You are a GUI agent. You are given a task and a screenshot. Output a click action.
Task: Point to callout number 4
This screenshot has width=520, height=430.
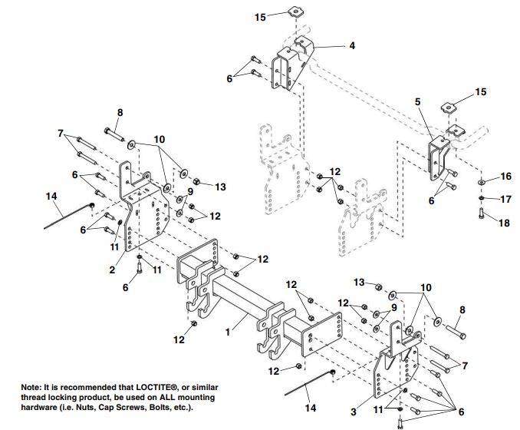pos(352,45)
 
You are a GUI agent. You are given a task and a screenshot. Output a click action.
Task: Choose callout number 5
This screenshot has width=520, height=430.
pos(419,101)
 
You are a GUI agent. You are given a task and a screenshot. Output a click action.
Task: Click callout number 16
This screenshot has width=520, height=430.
pos(505,177)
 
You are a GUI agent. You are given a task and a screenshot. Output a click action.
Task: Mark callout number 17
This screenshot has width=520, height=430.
pos(505,199)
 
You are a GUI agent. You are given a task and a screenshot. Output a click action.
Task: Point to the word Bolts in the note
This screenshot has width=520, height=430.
pos(153,407)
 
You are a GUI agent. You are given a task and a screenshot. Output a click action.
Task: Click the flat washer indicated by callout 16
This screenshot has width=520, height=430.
pos(480,182)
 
